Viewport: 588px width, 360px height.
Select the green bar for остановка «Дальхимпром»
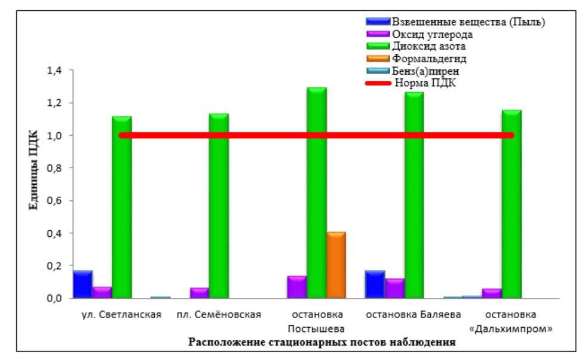tap(511, 203)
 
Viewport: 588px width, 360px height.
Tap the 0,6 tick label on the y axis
tap(54, 200)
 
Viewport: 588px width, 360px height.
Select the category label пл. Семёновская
tap(219, 315)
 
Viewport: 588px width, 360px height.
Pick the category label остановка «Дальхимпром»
tap(511, 322)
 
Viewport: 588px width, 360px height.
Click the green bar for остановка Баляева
tap(414, 194)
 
